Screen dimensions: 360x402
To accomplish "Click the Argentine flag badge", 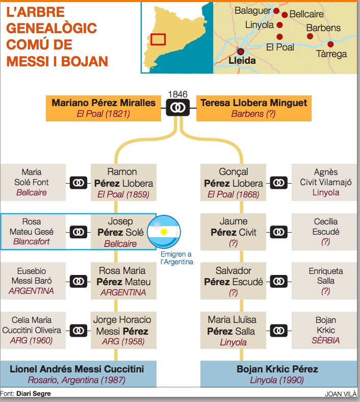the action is click(x=164, y=232).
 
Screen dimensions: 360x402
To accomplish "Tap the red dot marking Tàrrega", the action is click(x=330, y=44).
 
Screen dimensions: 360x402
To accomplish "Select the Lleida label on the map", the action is click(x=242, y=61).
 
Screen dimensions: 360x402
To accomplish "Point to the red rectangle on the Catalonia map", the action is click(x=158, y=39).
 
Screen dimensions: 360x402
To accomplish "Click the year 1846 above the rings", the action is click(x=177, y=94).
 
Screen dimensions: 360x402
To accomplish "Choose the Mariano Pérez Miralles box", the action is click(x=104, y=108).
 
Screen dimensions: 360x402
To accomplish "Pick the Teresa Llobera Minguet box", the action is click(x=253, y=108).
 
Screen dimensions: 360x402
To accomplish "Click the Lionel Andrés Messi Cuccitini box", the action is click(x=79, y=374).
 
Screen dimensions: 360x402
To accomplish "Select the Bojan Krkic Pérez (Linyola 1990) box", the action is click(x=278, y=374).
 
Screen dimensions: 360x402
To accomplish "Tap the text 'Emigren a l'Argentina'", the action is click(x=176, y=258).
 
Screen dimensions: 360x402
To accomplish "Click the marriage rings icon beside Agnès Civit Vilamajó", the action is click(x=278, y=183).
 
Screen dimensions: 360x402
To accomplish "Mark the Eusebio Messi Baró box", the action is click(x=33, y=281).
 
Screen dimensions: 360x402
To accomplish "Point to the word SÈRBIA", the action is click(x=326, y=340).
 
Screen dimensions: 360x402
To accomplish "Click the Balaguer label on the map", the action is click(x=252, y=11).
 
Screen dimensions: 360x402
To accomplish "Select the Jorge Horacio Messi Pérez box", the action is click(x=123, y=330).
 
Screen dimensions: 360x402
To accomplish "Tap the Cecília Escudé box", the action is click(x=324, y=232).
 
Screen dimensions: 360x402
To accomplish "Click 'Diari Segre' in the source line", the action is click(x=34, y=393).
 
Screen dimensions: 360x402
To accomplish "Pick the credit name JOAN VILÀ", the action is click(x=341, y=394).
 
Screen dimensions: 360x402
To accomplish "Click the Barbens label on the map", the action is click(x=323, y=28).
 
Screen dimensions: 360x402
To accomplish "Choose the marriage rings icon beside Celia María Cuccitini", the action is click(x=78, y=330).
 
